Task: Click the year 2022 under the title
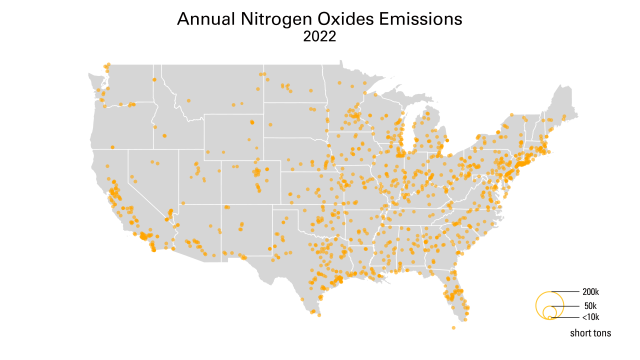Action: (x=319, y=36)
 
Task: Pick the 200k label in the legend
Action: (x=590, y=292)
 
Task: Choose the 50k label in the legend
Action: (x=590, y=305)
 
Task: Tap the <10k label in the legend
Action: (x=590, y=317)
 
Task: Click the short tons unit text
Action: (x=590, y=332)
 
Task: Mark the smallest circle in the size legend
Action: (x=548, y=317)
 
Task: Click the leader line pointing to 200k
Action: (x=565, y=292)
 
